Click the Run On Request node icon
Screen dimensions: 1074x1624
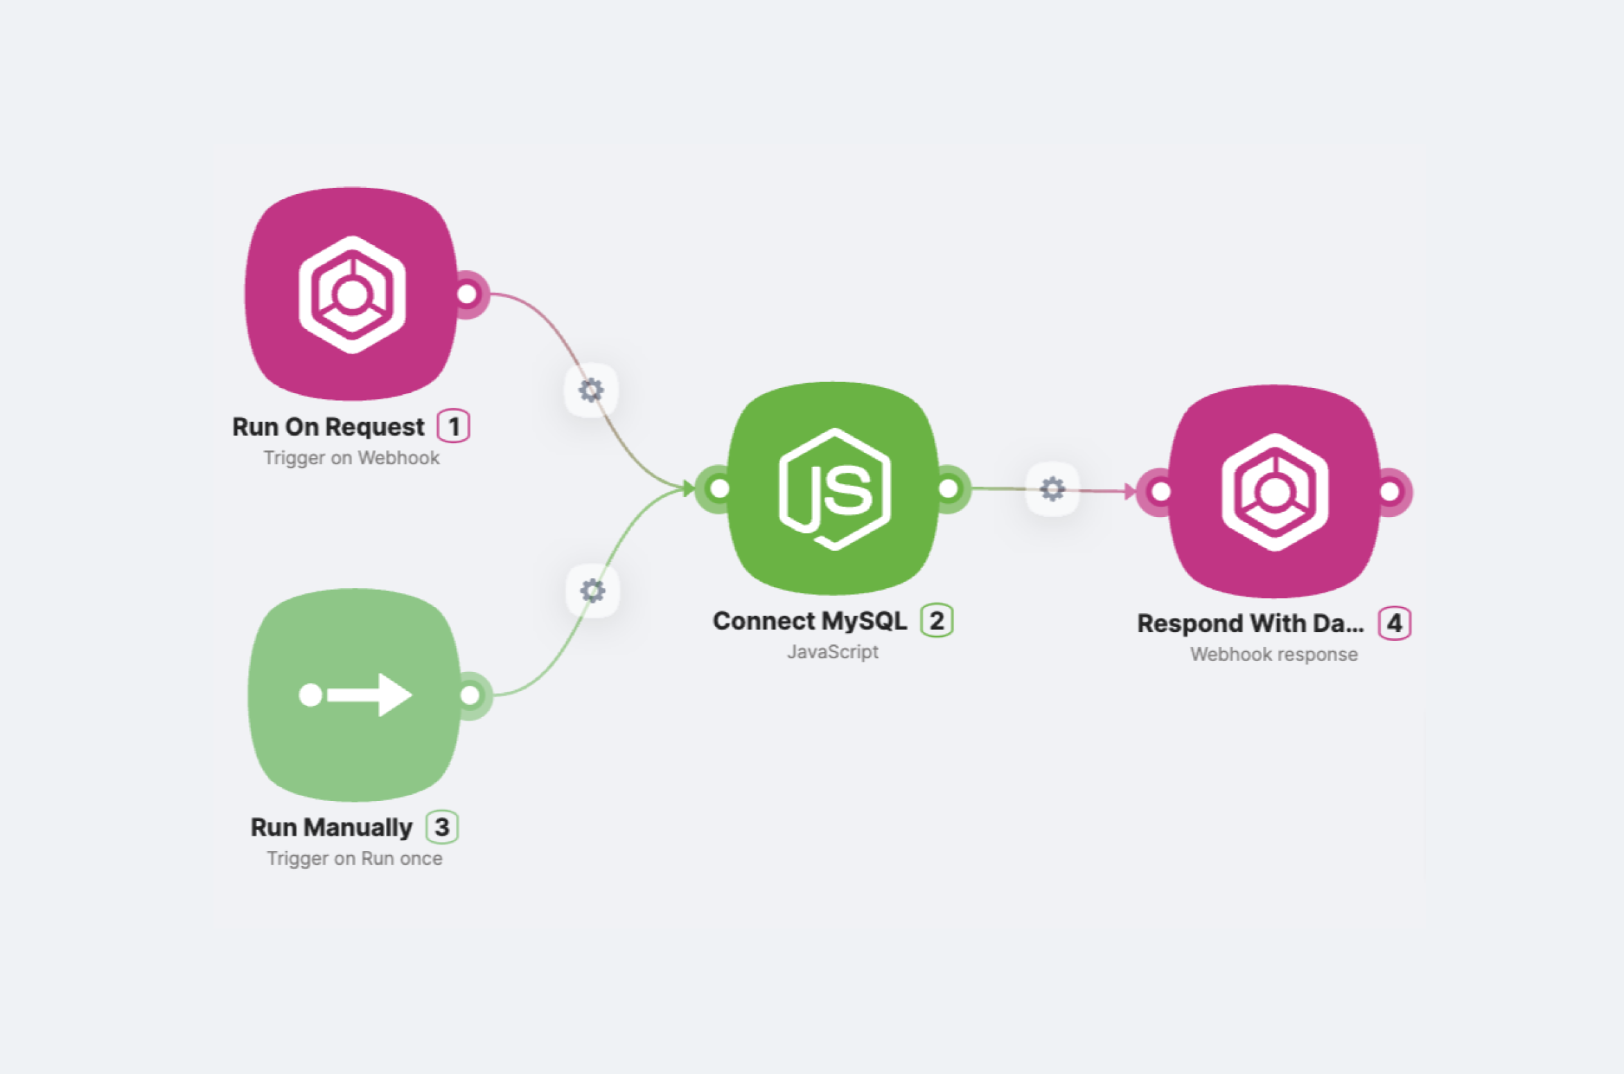click(x=352, y=294)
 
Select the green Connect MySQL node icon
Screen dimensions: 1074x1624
click(x=834, y=488)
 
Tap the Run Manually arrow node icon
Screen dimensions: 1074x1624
click(x=355, y=694)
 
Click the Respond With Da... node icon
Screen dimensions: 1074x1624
click(x=1275, y=491)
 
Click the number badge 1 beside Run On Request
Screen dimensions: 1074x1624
click(x=453, y=426)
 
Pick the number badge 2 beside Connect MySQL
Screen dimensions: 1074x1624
click(x=936, y=620)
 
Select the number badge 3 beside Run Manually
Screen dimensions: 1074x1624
click(x=442, y=827)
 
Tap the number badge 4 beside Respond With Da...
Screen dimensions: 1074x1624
click(x=1394, y=624)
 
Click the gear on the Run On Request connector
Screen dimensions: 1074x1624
click(x=591, y=390)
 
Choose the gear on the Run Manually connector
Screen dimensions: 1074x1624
click(x=592, y=591)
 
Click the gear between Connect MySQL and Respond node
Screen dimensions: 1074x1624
click(x=1052, y=489)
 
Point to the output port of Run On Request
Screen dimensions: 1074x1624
click(x=468, y=294)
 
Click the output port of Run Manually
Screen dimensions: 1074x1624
click(x=470, y=695)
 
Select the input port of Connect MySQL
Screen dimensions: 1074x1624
click(x=720, y=488)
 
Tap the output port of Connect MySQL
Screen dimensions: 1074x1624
click(x=949, y=488)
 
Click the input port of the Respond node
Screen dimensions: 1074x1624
click(x=1160, y=492)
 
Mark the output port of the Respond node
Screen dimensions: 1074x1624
click(x=1390, y=492)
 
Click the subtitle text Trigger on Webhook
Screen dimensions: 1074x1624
click(x=351, y=458)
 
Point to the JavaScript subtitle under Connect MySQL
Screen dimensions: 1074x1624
click(x=833, y=652)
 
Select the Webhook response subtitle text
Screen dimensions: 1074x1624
click(x=1273, y=655)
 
